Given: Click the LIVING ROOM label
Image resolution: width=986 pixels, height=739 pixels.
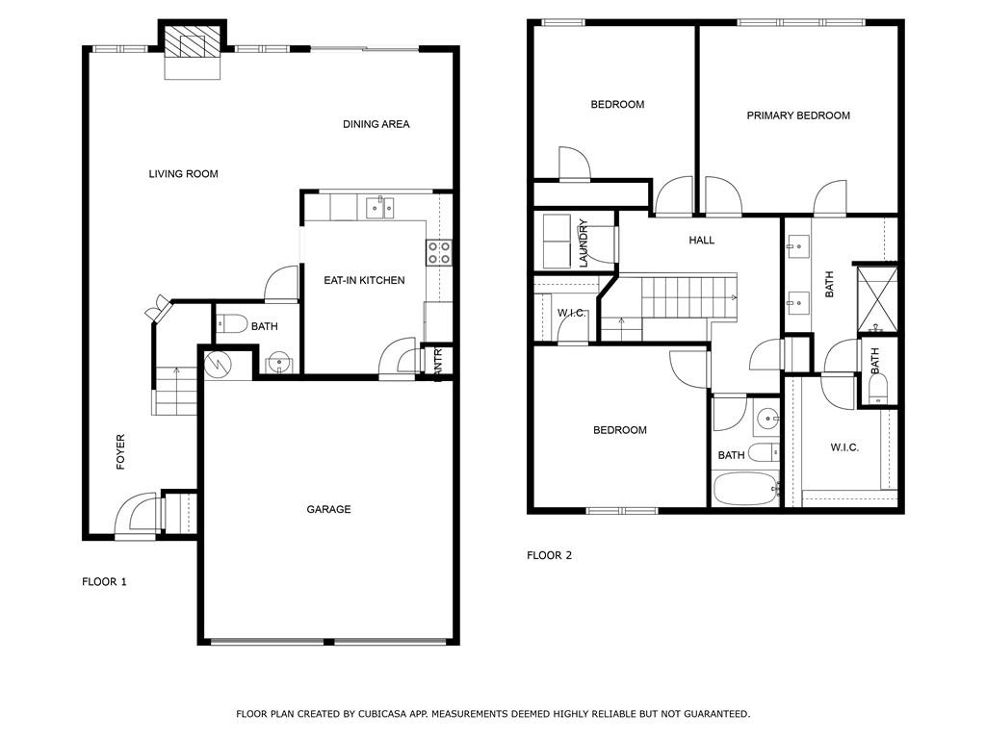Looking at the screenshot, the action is [183, 174].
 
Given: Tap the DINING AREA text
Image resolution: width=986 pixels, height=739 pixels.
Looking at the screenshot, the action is [376, 124].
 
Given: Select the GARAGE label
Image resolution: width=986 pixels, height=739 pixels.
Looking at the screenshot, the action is [328, 509].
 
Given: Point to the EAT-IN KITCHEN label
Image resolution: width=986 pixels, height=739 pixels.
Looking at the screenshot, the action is [364, 280].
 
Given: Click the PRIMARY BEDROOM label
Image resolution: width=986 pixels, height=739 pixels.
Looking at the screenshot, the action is [798, 115].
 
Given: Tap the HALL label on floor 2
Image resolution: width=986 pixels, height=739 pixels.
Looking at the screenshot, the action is [701, 240].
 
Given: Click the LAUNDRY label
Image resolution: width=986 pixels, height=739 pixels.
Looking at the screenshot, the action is [583, 242].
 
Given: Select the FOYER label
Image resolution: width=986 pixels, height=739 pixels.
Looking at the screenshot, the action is [120, 452].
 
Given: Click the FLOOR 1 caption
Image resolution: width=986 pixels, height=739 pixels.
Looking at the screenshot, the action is [104, 582].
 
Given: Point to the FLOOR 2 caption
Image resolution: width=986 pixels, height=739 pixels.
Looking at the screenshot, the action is [549, 555].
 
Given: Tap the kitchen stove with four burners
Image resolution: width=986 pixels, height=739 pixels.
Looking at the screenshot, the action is [439, 253].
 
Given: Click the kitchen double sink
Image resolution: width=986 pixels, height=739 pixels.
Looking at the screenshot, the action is [379, 208].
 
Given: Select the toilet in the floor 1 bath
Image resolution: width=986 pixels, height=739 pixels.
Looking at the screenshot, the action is [232, 324].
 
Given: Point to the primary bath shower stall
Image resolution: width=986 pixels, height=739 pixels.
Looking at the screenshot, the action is [876, 300].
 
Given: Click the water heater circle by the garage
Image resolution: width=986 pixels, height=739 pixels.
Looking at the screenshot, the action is [219, 364].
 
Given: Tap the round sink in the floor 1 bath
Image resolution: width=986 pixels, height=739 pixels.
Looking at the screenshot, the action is [277, 364].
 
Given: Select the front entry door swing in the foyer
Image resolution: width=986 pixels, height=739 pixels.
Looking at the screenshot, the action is [135, 514].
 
